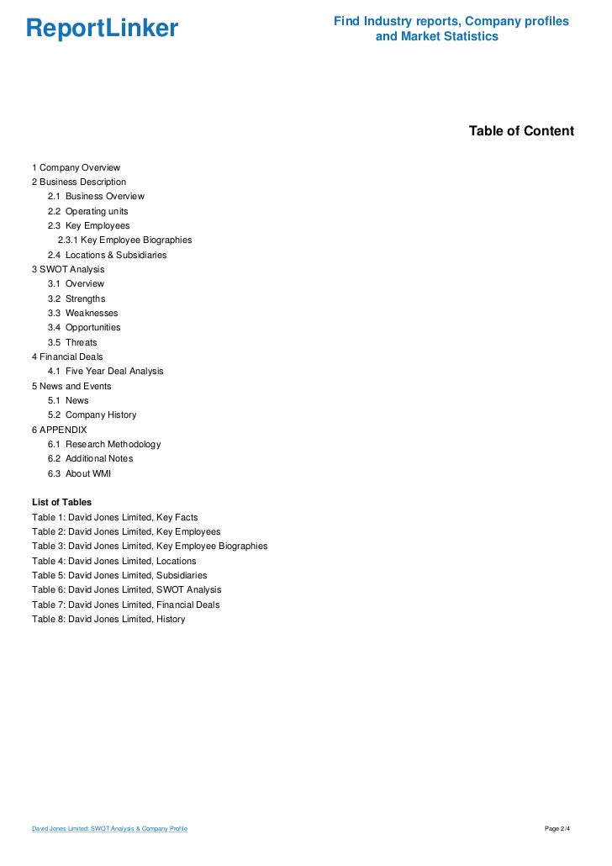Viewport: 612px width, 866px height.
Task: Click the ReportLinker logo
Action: coord(102,29)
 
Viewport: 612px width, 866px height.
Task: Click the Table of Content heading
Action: coord(521,131)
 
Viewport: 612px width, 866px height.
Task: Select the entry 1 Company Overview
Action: coord(76,167)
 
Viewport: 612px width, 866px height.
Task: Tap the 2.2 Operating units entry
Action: coord(87,211)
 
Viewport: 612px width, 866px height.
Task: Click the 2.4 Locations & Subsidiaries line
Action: coord(107,255)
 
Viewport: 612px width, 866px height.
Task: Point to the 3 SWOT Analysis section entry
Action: coord(68,269)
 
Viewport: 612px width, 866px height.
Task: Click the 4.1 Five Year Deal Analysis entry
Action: coord(105,371)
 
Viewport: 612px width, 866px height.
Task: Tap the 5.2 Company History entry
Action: coord(92,415)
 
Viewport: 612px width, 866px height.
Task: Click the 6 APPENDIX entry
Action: coord(59,430)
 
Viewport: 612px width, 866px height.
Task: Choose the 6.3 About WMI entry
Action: coord(79,473)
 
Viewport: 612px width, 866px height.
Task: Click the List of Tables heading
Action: coord(61,502)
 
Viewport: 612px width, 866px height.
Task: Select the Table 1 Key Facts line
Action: coord(114,517)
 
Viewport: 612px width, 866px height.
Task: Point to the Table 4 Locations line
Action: coord(113,561)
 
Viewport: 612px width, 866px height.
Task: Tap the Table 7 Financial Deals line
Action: coord(125,605)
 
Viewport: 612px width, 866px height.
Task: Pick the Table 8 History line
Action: coord(108,620)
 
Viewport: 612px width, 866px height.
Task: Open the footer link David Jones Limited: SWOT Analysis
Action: coord(109,829)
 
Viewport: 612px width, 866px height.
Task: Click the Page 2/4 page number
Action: coord(557,829)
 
